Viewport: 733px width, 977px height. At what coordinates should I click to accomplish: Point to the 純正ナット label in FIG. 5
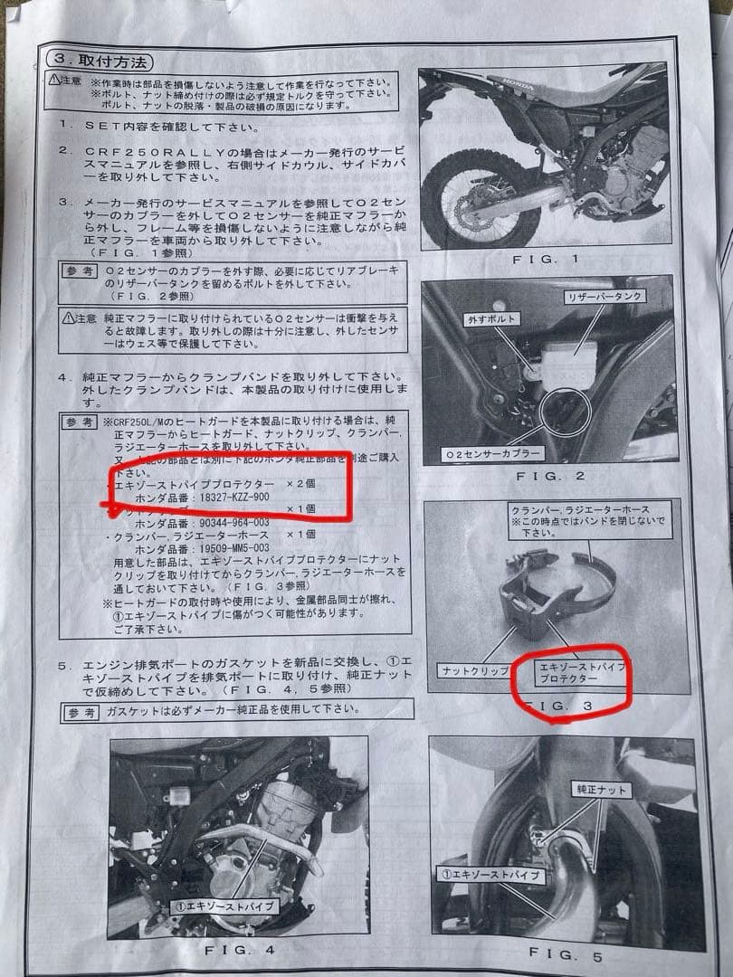coord(598,790)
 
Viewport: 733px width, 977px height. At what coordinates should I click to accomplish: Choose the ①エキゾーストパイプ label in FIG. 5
coord(491,875)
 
